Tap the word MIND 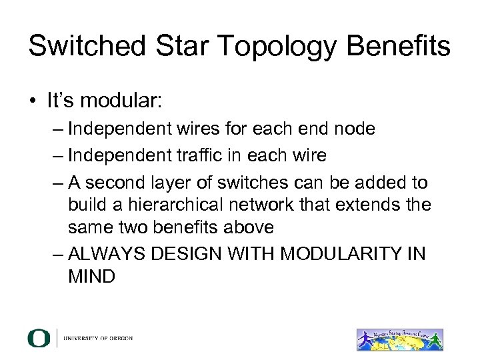[91, 276]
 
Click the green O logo [39, 338]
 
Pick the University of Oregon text [98, 339]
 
